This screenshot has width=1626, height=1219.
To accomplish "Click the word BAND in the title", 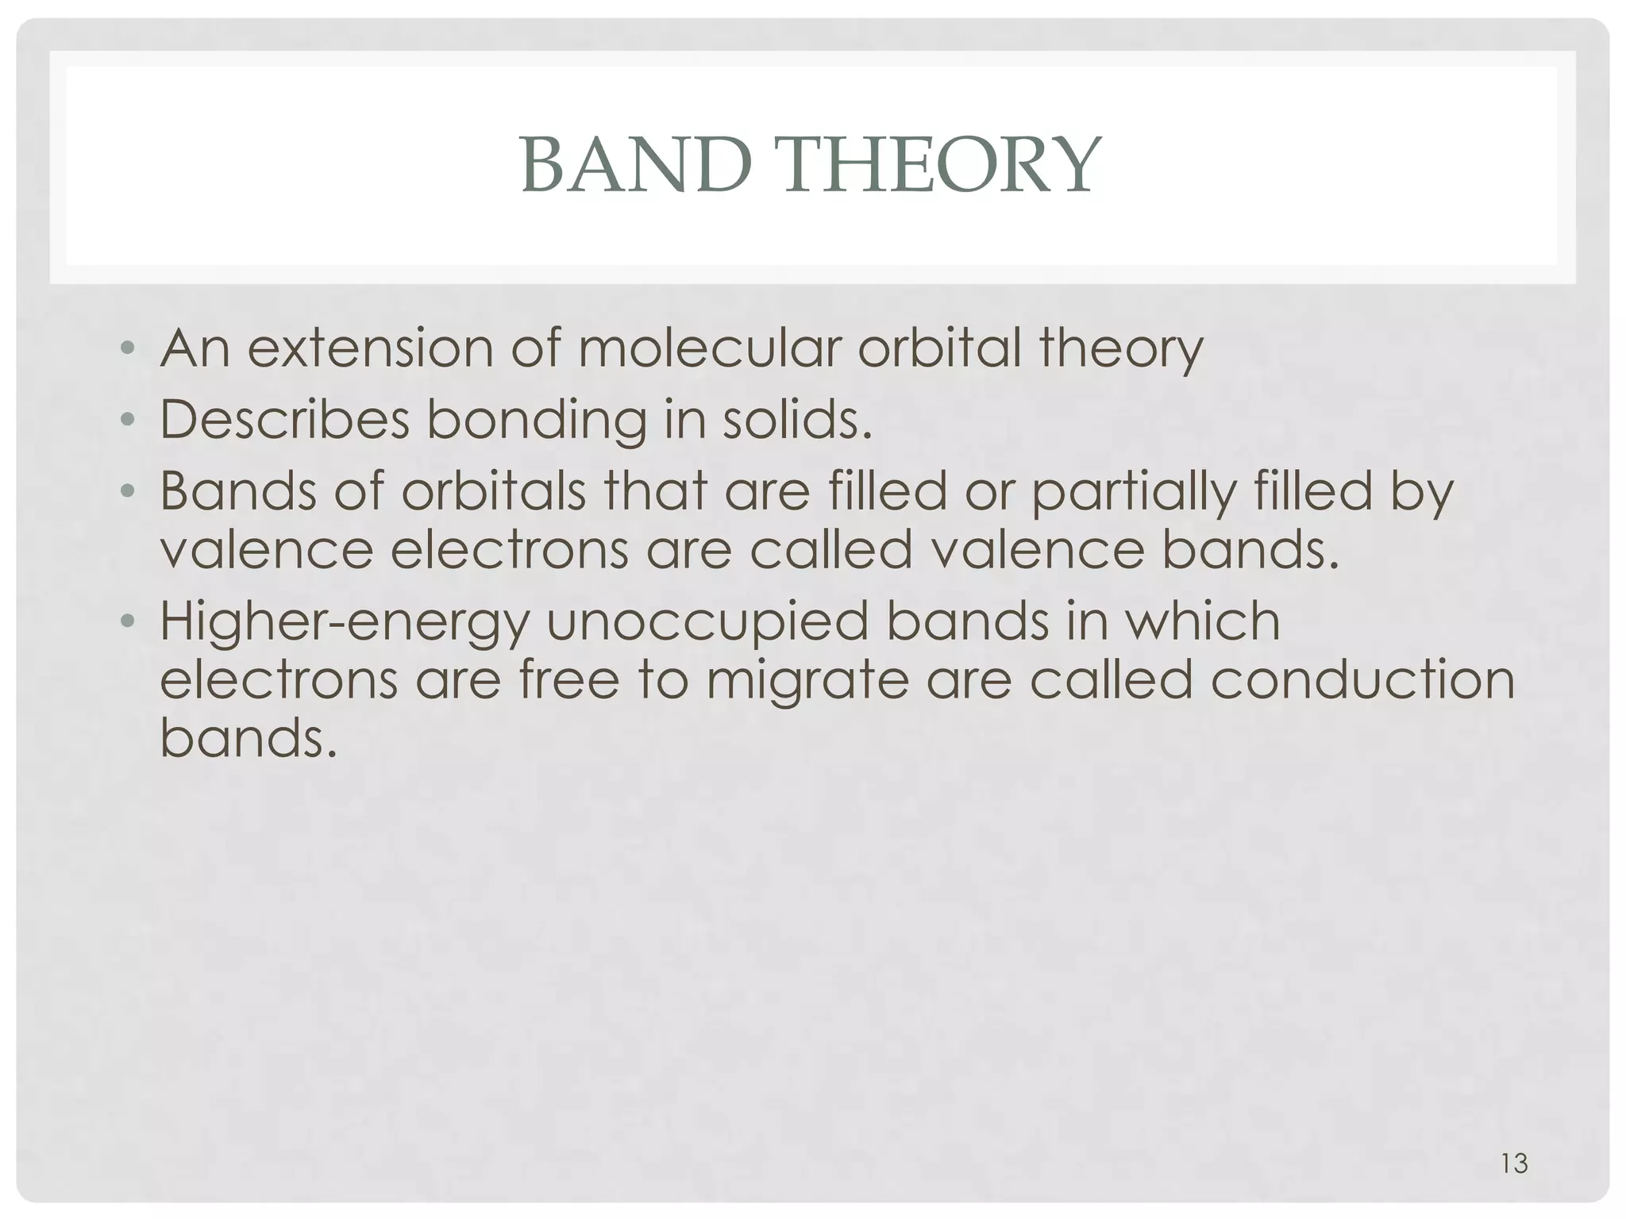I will tap(636, 165).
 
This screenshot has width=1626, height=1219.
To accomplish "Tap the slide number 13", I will tap(1515, 1163).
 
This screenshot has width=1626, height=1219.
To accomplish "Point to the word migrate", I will tap(807, 682).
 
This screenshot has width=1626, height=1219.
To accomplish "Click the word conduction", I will tap(1362, 680).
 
